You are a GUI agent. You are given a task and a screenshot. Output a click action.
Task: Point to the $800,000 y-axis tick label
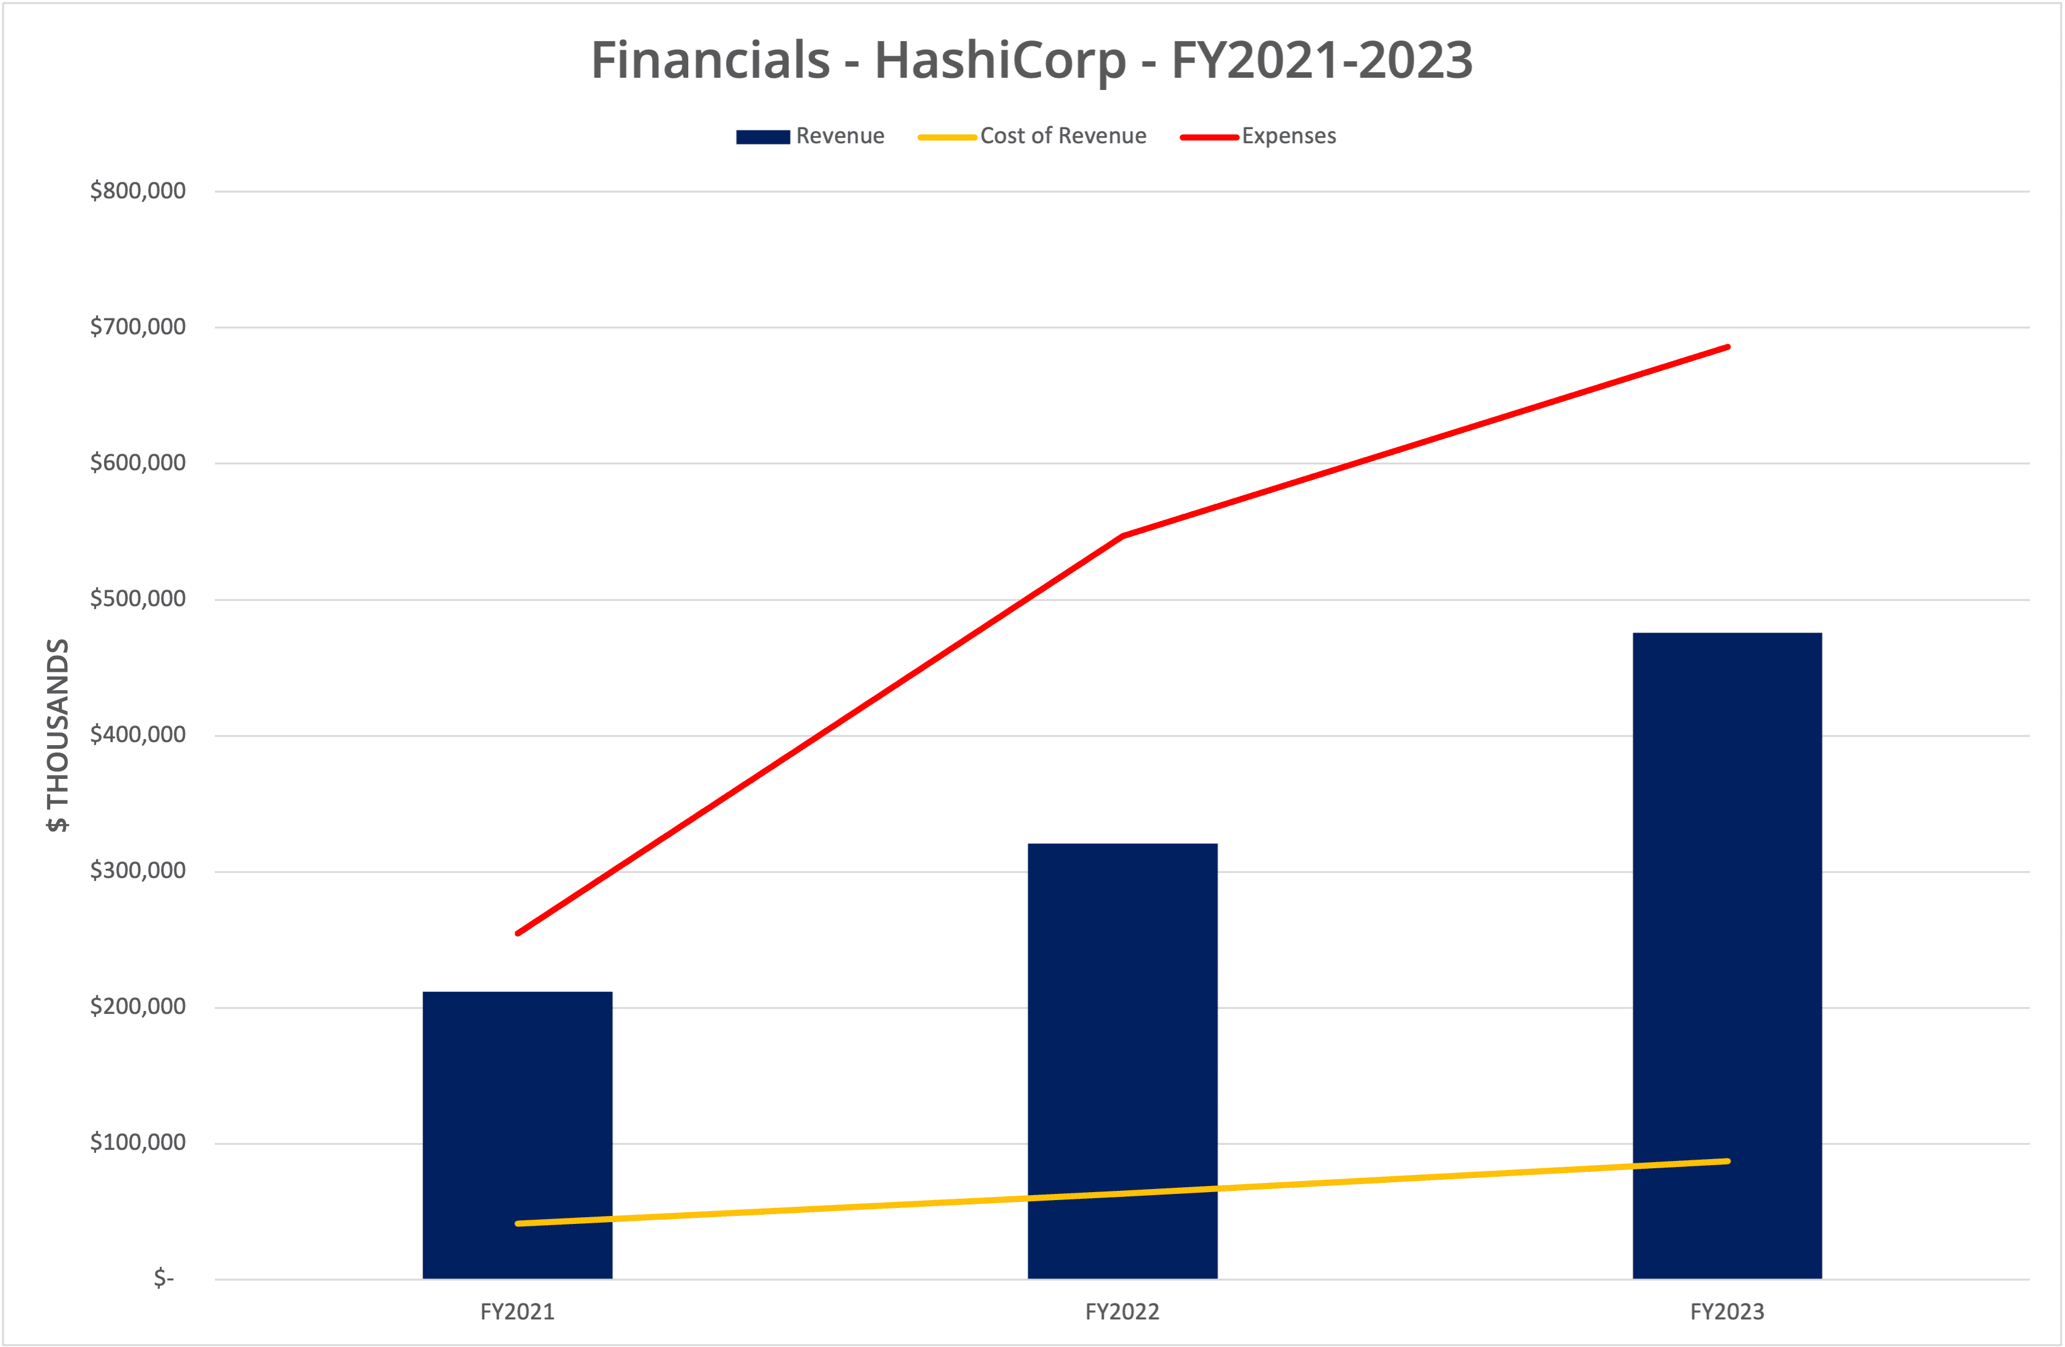point(138,191)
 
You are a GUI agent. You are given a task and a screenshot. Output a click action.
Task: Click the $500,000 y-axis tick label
point(138,599)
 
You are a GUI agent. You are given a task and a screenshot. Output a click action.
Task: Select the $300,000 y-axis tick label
point(138,871)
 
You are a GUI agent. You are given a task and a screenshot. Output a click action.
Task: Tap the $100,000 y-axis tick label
point(138,1142)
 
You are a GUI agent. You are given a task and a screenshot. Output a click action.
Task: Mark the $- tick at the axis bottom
point(164,1278)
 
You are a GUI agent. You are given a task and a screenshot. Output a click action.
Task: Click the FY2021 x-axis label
point(517,1311)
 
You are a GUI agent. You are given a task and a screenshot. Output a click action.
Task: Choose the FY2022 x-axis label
point(1122,1311)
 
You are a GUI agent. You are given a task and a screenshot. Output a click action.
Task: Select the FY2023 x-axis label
point(1726,1311)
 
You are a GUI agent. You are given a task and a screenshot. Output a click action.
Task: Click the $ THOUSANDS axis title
point(58,735)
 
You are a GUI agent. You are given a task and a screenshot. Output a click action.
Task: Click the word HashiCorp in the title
point(1000,60)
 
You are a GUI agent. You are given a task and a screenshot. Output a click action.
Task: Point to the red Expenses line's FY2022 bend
point(1123,536)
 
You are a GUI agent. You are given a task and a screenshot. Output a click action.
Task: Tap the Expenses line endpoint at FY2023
point(1728,347)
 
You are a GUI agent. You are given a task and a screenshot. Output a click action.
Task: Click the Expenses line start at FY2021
point(518,933)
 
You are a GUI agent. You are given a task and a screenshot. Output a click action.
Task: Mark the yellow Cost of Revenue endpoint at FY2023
point(1728,1161)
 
